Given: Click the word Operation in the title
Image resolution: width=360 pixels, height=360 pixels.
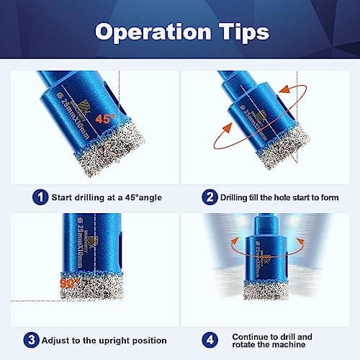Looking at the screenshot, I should coord(142,32).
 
